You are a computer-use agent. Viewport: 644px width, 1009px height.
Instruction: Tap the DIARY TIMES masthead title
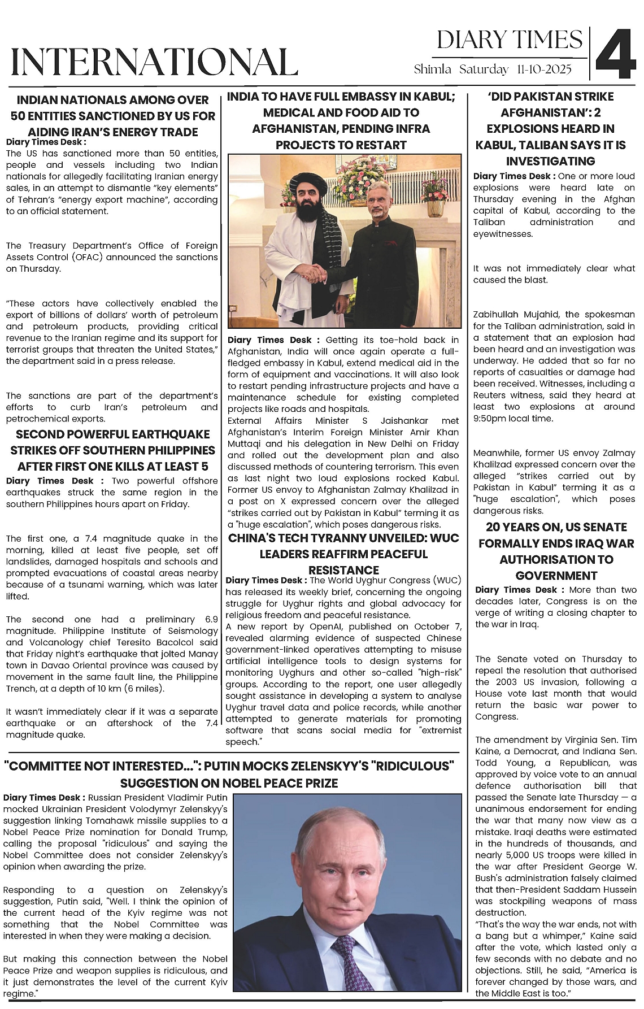tap(510, 40)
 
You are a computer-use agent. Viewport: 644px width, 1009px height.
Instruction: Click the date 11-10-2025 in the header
tap(543, 69)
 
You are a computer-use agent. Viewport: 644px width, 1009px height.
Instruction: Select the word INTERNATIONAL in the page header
tap(154, 62)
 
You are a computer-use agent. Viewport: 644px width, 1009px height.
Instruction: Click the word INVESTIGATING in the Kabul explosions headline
tap(551, 161)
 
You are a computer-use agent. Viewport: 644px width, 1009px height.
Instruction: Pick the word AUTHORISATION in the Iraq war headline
tap(556, 559)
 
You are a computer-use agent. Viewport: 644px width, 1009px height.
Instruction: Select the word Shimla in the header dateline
tap(432, 69)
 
